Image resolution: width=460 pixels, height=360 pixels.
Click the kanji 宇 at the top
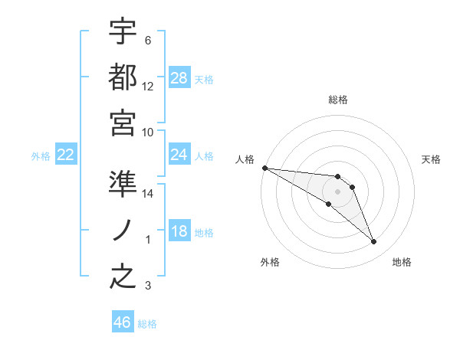pyautogui.click(x=123, y=31)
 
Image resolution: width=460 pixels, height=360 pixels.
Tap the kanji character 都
pyautogui.click(x=123, y=76)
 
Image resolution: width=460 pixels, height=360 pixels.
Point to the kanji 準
pyautogui.click(x=123, y=185)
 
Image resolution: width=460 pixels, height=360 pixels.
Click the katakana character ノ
pyautogui.click(x=123, y=231)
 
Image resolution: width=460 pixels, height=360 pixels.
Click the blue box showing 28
pyautogui.click(x=179, y=78)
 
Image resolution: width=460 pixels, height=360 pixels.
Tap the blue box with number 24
pyautogui.click(x=179, y=155)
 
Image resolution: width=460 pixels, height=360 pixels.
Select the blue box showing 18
pyautogui.click(x=179, y=232)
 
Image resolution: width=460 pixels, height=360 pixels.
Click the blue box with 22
pyautogui.click(x=65, y=155)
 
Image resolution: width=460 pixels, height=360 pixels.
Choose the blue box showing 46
pyautogui.click(x=123, y=322)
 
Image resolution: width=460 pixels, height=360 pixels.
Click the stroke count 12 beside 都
pyautogui.click(x=148, y=87)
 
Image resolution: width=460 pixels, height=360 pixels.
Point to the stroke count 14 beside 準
pyautogui.click(x=148, y=194)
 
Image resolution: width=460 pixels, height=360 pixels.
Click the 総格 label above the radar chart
pyautogui.click(x=338, y=100)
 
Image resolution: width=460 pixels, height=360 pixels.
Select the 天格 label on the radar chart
pyautogui.click(x=431, y=159)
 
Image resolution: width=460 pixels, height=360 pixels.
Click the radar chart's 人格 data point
pyautogui.click(x=264, y=168)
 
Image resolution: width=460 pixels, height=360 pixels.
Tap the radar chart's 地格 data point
pyautogui.click(x=373, y=242)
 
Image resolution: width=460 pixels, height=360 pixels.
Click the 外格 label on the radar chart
pyautogui.click(x=270, y=263)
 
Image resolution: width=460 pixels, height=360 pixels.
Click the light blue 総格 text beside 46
pyautogui.click(x=147, y=324)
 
